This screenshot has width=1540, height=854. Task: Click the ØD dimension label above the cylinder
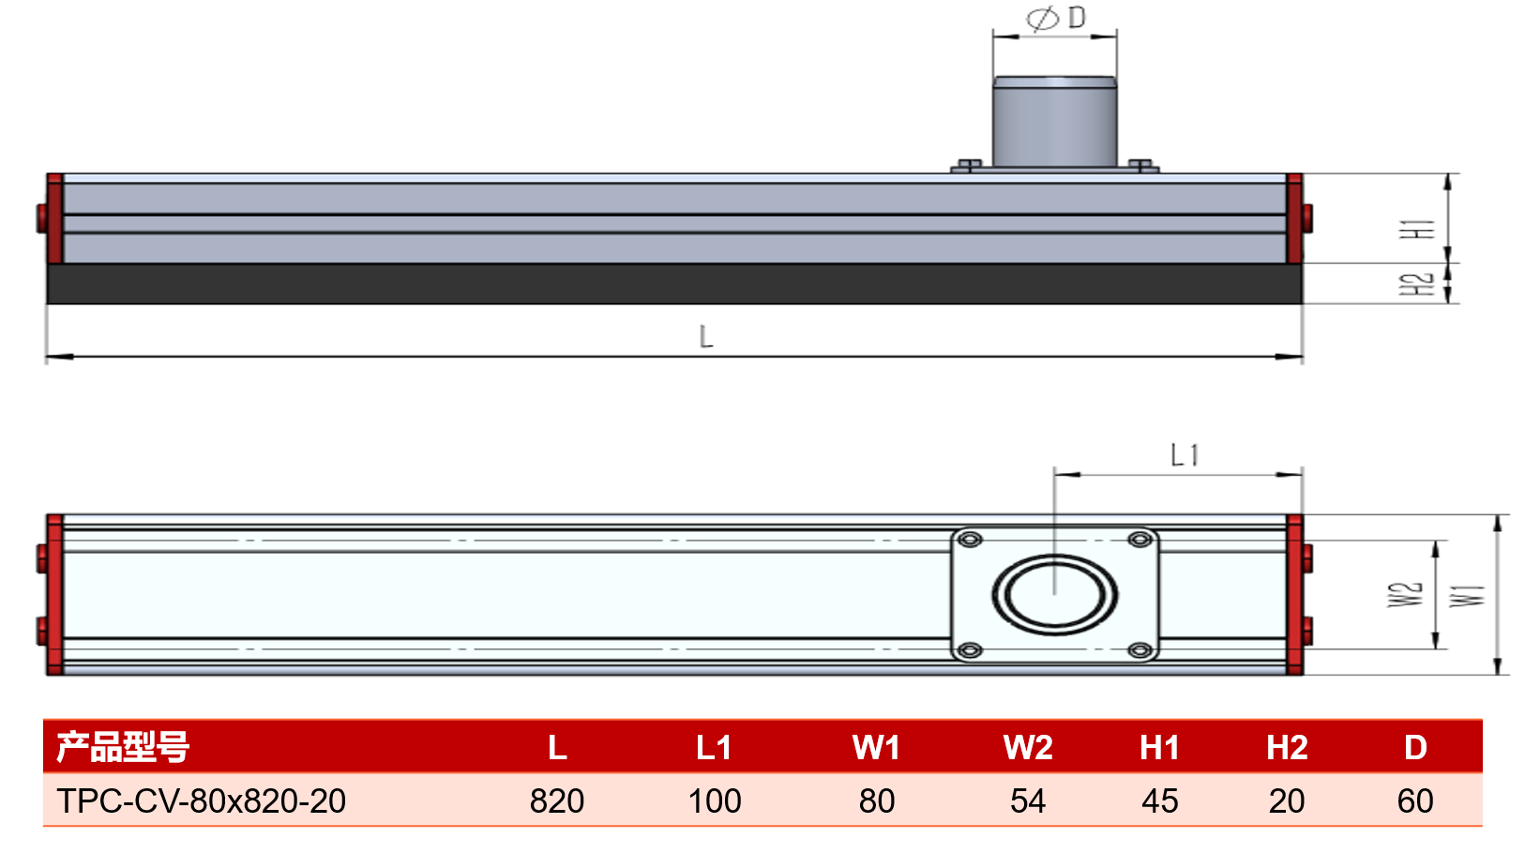(1056, 18)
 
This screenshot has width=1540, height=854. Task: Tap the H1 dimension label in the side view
(1418, 229)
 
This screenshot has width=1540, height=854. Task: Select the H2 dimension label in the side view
(1418, 284)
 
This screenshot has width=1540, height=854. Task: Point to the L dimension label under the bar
(706, 337)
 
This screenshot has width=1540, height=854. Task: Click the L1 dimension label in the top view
(1185, 455)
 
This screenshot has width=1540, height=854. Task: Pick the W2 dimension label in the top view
(1405, 595)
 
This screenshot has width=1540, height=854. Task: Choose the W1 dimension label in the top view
(1468, 596)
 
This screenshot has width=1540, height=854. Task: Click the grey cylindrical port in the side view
(1054, 122)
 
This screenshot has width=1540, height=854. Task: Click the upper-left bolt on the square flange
(970, 540)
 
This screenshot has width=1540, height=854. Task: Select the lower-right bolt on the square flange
(1140, 650)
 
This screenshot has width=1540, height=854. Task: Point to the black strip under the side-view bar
(674, 283)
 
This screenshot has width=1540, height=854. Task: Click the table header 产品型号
(122, 747)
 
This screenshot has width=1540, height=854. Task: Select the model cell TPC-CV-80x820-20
(201, 801)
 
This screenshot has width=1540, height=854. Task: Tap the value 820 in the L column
(557, 801)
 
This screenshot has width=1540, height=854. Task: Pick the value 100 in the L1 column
(715, 801)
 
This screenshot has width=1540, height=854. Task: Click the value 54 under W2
(1028, 801)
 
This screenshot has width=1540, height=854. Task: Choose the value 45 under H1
(1160, 801)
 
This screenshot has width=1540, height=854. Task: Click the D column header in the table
(1415, 747)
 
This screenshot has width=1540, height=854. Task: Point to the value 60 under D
(1415, 801)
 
